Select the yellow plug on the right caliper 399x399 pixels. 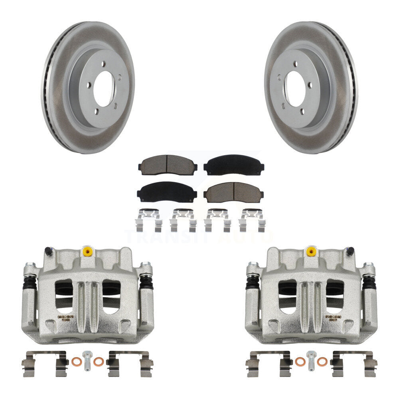310,251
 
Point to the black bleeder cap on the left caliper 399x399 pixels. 48,251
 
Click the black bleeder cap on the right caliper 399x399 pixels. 350,251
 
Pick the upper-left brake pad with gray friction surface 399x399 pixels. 167,164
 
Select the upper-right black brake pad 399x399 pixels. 233,164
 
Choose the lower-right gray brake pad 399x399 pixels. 233,192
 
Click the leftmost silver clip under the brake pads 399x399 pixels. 149,219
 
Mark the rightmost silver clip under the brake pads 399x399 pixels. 251,219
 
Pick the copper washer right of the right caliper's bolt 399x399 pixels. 322,361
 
